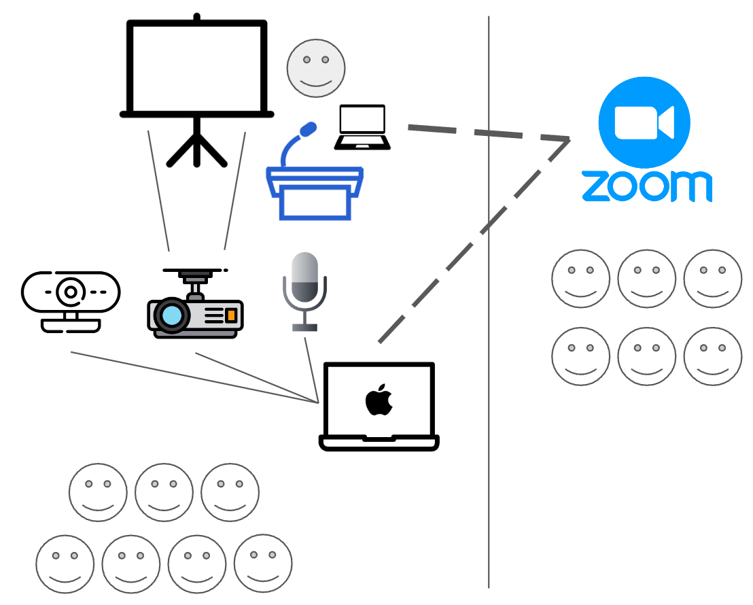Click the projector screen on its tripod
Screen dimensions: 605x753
(196, 68)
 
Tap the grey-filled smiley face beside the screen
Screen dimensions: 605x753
(316, 68)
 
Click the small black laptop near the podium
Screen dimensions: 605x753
(362, 127)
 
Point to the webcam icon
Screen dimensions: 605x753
(71, 299)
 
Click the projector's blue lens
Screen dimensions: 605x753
(172, 315)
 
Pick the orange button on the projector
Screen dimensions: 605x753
(231, 315)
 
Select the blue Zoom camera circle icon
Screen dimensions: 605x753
(644, 123)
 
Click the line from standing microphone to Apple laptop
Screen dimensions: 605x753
(311, 368)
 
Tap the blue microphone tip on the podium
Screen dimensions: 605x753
(309, 129)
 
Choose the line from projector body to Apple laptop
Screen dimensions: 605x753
(258, 378)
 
